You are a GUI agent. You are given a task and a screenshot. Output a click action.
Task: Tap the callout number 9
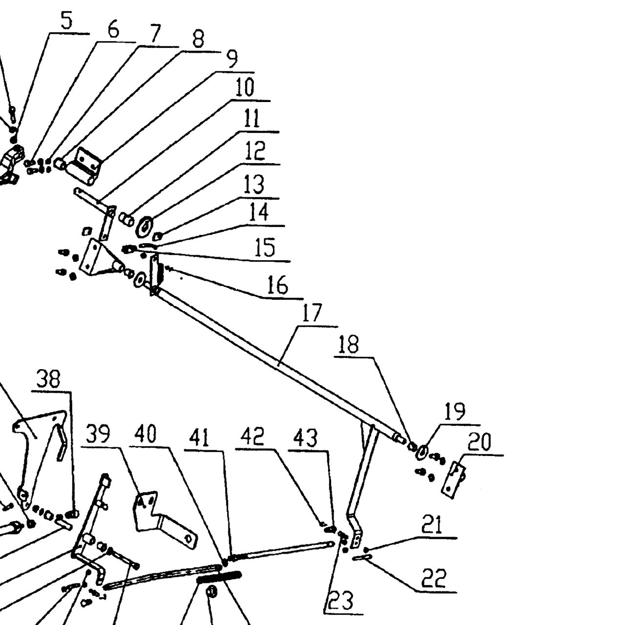[x=231, y=59]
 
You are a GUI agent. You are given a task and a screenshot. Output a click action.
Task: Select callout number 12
[x=255, y=150]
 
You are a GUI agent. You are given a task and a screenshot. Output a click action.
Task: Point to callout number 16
[x=278, y=285]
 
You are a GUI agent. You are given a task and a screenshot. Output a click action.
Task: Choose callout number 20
[x=480, y=441]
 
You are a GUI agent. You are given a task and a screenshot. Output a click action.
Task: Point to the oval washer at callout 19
[x=422, y=452]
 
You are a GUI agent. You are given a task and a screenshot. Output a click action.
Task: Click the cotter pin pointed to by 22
[x=363, y=557]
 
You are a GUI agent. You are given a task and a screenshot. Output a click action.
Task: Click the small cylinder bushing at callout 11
[x=127, y=219]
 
